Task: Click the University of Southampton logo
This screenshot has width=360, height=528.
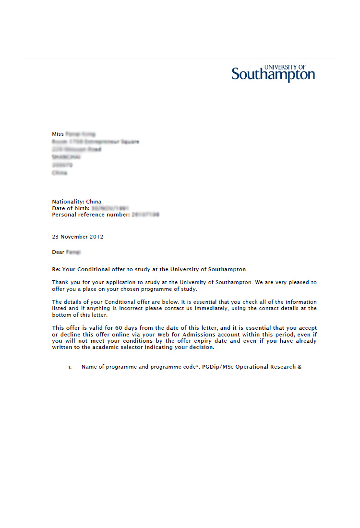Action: [273, 74]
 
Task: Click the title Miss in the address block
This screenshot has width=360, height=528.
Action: [58, 134]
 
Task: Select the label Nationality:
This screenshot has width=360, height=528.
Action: [68, 202]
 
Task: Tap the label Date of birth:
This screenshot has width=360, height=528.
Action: [71, 208]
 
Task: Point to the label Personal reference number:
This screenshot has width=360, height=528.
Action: [91, 215]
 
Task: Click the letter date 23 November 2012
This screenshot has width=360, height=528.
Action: [77, 237]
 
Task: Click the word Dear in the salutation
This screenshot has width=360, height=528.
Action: [58, 252]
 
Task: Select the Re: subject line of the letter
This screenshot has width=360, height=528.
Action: [149, 269]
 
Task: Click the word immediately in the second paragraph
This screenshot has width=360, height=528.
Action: [204, 308]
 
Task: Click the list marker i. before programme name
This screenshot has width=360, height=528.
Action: [70, 367]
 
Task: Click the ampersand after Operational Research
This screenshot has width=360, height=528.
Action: [300, 367]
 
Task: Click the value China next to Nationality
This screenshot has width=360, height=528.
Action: [94, 202]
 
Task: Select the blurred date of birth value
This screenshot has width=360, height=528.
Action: [110, 208]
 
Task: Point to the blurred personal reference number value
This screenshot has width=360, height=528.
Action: [145, 215]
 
